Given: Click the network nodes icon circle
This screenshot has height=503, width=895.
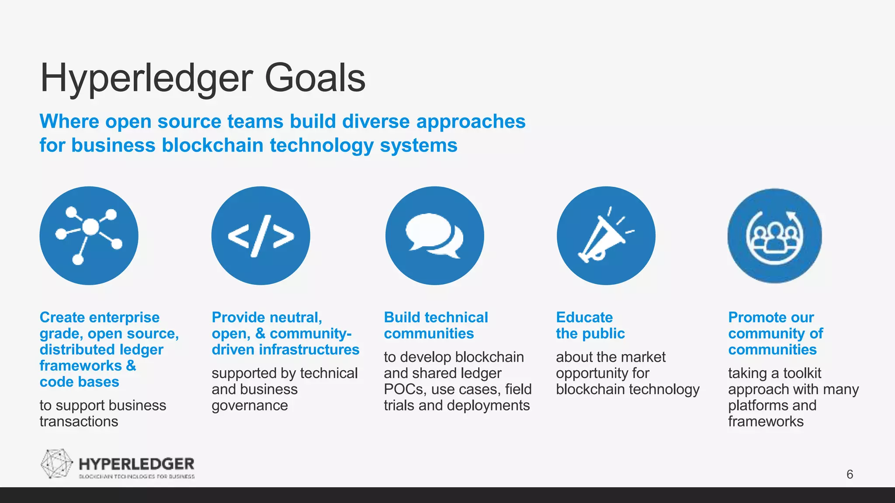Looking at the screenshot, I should [x=89, y=236].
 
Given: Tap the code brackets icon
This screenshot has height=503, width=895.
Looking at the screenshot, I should [x=261, y=236].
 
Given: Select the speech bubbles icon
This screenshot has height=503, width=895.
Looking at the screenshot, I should [x=434, y=236].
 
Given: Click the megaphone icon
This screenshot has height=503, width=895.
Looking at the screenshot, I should [x=606, y=236].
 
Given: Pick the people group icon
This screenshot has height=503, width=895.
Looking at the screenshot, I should [x=774, y=236].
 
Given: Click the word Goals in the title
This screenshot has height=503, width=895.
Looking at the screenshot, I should [x=315, y=78].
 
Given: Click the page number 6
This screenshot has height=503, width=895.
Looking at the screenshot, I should [x=850, y=474].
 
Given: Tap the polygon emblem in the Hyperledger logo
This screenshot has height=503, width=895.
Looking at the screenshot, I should [x=56, y=463].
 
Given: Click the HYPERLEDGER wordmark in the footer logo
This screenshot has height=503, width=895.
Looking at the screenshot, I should [x=136, y=464].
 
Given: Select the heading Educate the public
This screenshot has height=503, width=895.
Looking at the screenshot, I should [x=590, y=325].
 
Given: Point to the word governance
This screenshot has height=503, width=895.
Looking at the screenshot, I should [x=250, y=406].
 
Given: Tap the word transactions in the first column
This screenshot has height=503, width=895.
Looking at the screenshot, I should [x=79, y=422].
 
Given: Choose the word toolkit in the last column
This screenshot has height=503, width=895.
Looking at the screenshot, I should [x=802, y=373].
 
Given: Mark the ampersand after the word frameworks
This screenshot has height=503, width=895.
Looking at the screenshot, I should [x=131, y=365].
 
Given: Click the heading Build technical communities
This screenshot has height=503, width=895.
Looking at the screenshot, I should [x=436, y=325].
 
